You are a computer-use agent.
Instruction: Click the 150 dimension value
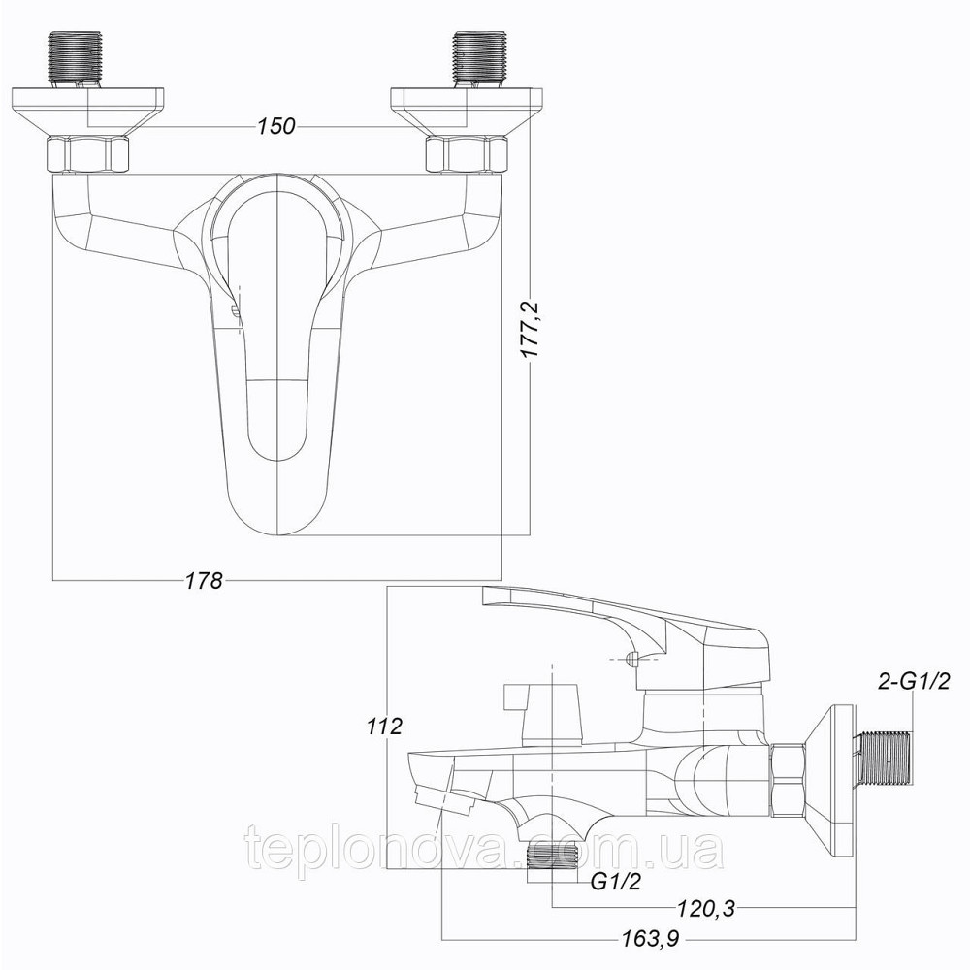tap(276, 127)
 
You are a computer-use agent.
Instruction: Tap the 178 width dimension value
tap(204, 580)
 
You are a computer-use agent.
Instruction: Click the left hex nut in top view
tap(86, 154)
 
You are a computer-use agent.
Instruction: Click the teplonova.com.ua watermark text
tap(485, 851)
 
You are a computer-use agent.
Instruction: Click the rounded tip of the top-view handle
tap(278, 519)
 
